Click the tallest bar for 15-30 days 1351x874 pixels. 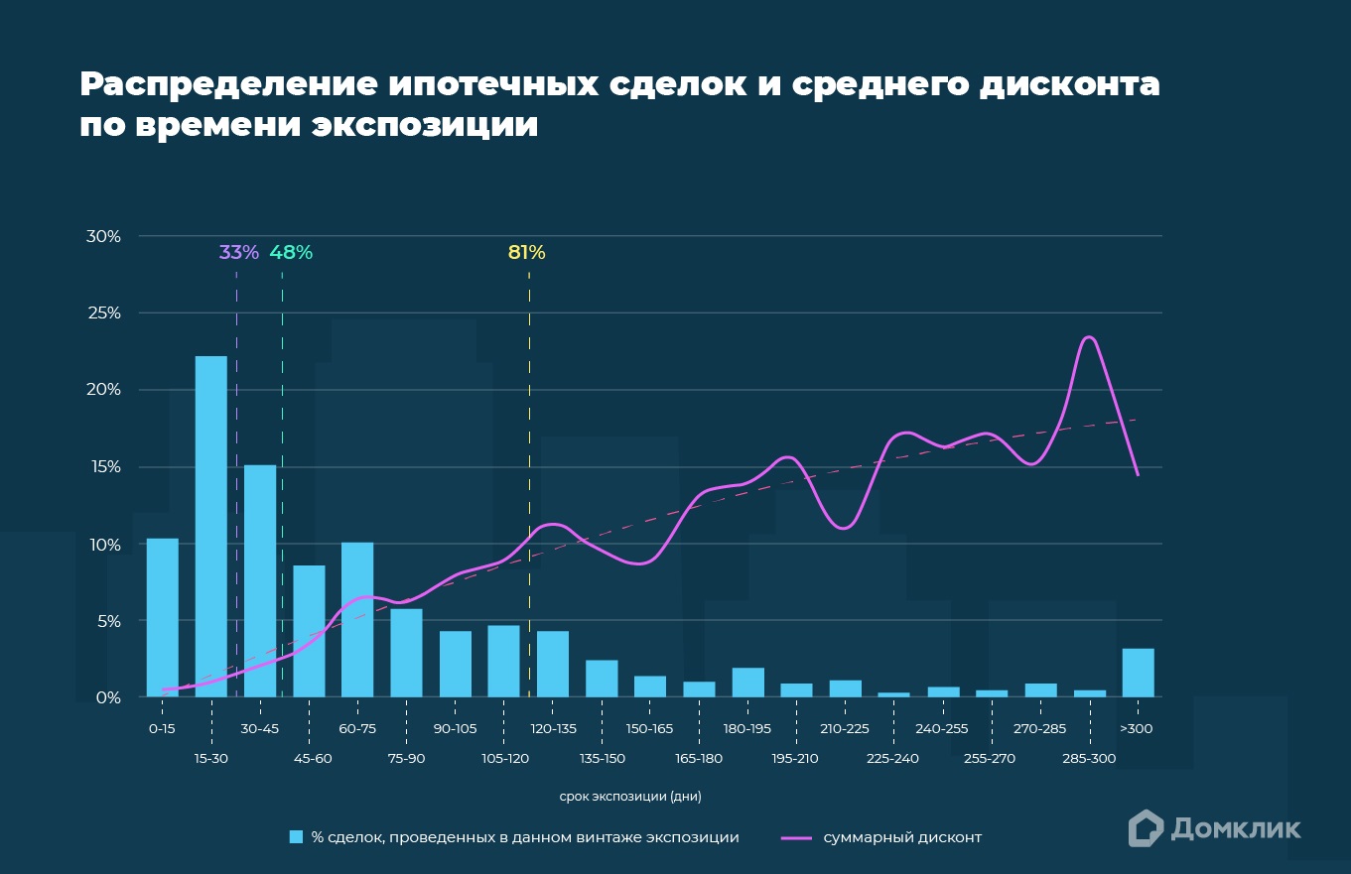click(x=210, y=526)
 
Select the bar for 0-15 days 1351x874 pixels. click(x=162, y=617)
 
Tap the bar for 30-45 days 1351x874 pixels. click(x=260, y=580)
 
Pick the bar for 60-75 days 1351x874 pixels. click(x=357, y=619)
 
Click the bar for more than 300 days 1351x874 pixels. click(x=1138, y=673)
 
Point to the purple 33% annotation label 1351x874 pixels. click(x=238, y=252)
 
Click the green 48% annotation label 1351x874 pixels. click(x=291, y=252)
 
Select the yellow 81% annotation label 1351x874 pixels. click(x=526, y=252)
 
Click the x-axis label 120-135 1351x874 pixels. click(x=553, y=728)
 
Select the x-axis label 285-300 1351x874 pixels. click(x=1089, y=759)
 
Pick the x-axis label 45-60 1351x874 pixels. click(x=314, y=759)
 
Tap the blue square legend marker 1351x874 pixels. click(x=295, y=837)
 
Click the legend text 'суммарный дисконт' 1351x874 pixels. click(x=902, y=837)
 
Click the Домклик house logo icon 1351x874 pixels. click(x=1146, y=828)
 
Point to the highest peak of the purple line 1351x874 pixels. click(x=1089, y=337)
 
